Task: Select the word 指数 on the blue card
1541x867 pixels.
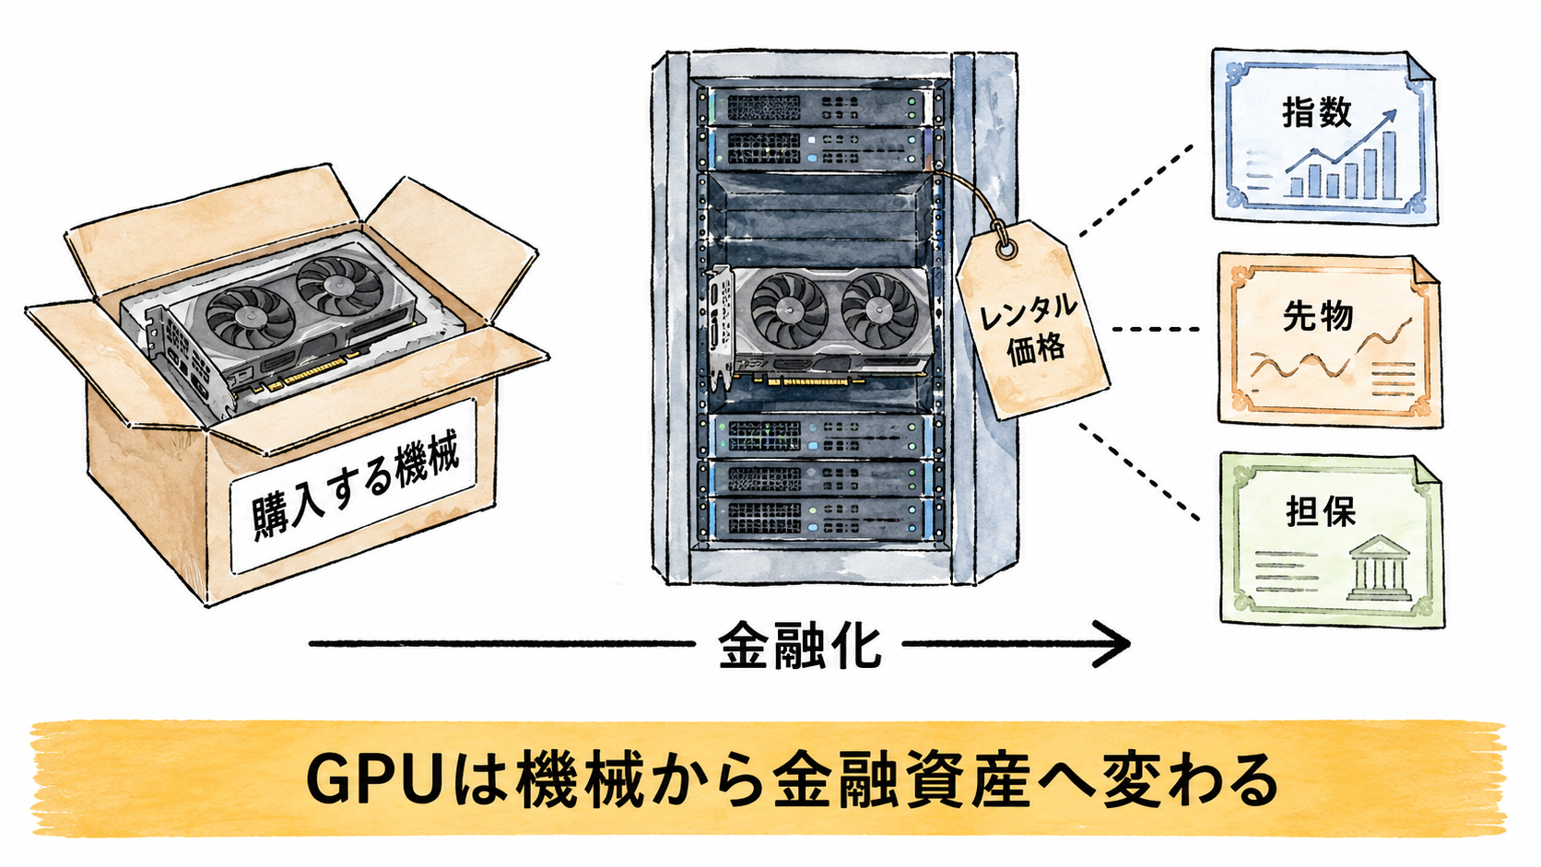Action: pos(1317,112)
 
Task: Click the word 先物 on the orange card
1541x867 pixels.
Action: pos(1317,316)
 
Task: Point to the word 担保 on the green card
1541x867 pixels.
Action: pos(1321,511)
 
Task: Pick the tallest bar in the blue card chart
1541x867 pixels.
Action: pos(1389,164)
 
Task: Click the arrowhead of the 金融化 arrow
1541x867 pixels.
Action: pos(1110,643)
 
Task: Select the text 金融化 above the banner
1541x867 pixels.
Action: pos(799,646)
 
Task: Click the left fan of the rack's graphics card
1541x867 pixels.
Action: pos(788,310)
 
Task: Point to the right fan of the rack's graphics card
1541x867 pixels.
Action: pos(879,310)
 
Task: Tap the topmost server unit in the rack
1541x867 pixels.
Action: pos(817,106)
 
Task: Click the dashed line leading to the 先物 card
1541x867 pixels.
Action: pos(1156,329)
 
